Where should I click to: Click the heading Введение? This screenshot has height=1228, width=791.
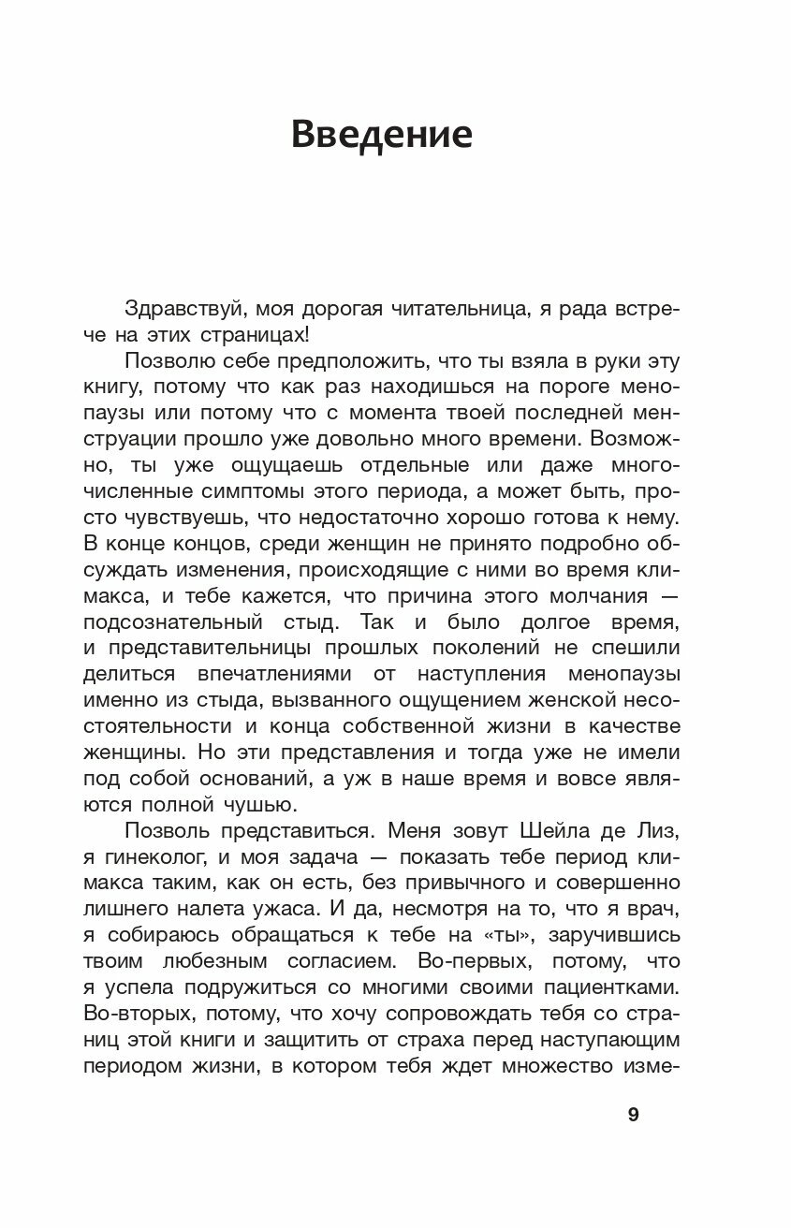381,135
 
